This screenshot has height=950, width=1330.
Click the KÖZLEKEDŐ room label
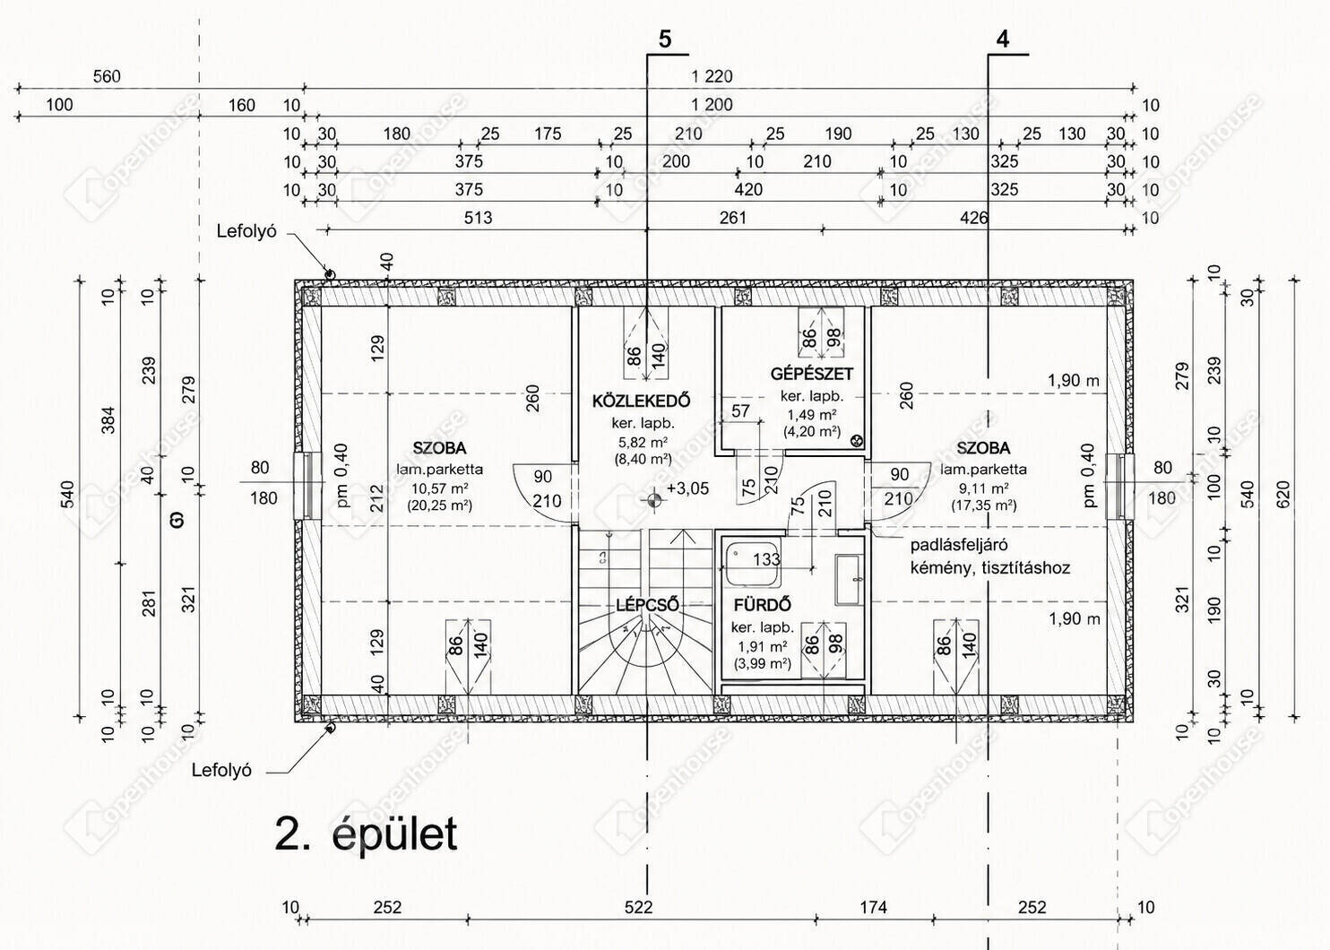point(642,401)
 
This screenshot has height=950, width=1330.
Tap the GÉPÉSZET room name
point(812,374)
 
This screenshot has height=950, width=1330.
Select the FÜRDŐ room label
point(763,605)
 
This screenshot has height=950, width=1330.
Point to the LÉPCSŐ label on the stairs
point(646,605)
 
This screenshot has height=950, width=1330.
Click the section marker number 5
point(665,39)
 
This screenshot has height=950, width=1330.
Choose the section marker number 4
point(1003,39)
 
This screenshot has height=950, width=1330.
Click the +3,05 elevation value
point(687,488)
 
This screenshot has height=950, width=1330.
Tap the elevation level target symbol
point(653,500)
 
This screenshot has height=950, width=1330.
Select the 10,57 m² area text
point(439,488)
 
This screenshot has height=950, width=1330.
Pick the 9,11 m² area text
point(984,488)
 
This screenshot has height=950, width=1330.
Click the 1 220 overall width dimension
point(712,76)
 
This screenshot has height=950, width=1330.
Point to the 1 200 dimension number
point(712,105)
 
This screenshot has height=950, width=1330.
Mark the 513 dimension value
point(478,218)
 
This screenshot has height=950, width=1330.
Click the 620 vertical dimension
point(1282,494)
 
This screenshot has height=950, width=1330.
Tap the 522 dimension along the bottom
point(639,907)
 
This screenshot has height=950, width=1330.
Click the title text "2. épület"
point(366,834)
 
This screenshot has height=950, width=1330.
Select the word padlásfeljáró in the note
point(959,545)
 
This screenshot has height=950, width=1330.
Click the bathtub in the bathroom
point(751,564)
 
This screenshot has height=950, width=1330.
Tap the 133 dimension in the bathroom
point(766,559)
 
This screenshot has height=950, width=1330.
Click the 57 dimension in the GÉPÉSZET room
point(740,410)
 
